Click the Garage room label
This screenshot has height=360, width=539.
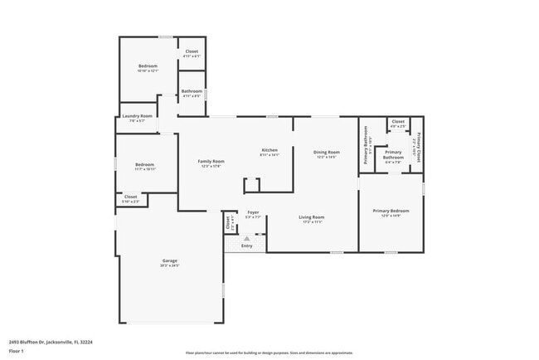pyautogui.click(x=169, y=261)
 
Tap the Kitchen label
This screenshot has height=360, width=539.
pyautogui.click(x=269, y=149)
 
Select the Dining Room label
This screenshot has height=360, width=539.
pyautogui.click(x=326, y=152)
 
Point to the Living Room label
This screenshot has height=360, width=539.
pyautogui.click(x=313, y=216)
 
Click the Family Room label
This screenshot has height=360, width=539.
pyautogui.click(x=211, y=161)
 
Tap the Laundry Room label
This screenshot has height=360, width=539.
pyautogui.click(x=137, y=116)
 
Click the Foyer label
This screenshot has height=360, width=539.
pyautogui.click(x=253, y=212)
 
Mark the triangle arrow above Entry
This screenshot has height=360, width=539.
pyautogui.click(x=246, y=238)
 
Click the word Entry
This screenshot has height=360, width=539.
pyautogui.click(x=246, y=246)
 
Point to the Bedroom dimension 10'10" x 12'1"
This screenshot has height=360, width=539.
pyautogui.click(x=148, y=71)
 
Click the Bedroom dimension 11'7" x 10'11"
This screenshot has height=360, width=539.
pyautogui.click(x=145, y=169)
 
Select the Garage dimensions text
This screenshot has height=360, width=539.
pyautogui.click(x=169, y=266)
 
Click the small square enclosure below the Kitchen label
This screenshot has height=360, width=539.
pyautogui.click(x=251, y=184)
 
